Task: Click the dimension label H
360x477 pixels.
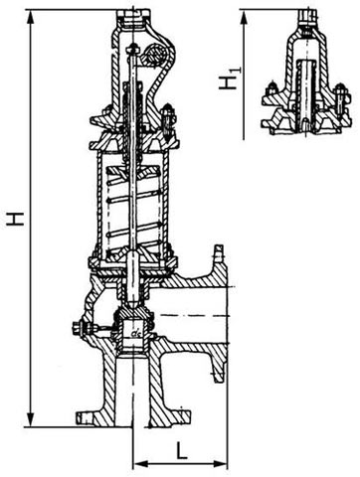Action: point(15,219)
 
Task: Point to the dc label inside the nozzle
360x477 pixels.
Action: point(135,333)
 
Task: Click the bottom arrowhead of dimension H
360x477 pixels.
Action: point(32,420)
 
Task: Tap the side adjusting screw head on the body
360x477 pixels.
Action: point(77,329)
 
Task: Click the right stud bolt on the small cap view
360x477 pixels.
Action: point(341,96)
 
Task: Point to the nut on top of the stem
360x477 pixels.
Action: point(133,49)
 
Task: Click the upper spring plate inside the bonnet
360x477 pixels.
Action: point(132,172)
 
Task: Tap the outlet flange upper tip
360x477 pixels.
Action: point(219,250)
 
